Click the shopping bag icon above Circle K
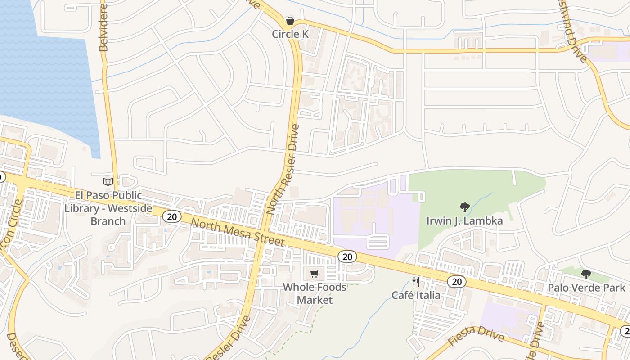coord(290,21)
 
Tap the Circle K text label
coord(292,34)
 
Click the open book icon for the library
coord(108,182)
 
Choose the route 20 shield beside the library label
coord(171,216)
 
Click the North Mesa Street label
coord(238,232)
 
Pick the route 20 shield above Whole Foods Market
coord(346,256)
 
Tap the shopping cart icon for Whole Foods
coord(315,274)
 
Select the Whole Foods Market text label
coord(315,293)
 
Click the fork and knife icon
coord(416,282)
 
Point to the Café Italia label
coord(416,295)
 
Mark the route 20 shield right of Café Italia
coord(456,282)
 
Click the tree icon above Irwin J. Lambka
coord(464,207)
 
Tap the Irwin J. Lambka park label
coord(464,221)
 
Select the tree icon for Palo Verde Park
coord(586,274)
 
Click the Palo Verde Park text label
coord(586,288)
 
